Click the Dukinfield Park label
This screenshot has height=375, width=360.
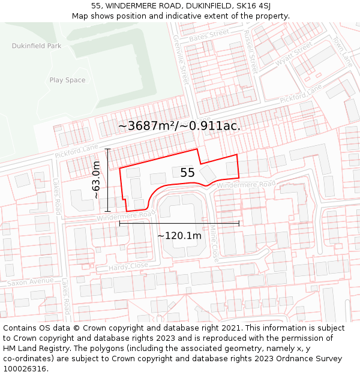pyautogui.click(x=36, y=46)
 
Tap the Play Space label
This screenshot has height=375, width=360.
pyautogui.click(x=67, y=80)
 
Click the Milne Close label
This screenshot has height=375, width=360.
pyautogui.click(x=214, y=242)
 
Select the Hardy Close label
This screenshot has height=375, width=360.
pyautogui.click(x=128, y=266)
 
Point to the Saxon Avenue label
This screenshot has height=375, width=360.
pyautogui.click(x=30, y=281)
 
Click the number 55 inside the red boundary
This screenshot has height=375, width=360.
pyautogui.click(x=187, y=173)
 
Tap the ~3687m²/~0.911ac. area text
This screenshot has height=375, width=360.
pyautogui.click(x=179, y=126)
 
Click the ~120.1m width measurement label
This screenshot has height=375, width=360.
pyautogui.click(x=179, y=235)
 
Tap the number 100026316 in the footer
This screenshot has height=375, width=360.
pyautogui.click(x=25, y=369)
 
